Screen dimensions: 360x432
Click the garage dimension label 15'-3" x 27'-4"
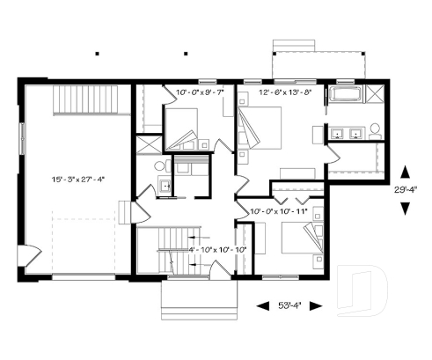pos(77,179)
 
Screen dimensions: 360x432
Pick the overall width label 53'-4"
pos(289,305)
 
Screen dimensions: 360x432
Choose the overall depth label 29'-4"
pos(406,188)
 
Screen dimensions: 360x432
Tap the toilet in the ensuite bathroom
pos(374,130)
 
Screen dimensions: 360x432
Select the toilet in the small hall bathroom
pos(160,165)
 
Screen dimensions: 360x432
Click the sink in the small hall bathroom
pos(165,187)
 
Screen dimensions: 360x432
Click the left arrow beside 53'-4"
pos(262,305)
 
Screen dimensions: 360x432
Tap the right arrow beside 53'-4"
pos(316,305)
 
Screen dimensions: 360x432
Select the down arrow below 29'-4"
pos(405,208)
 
